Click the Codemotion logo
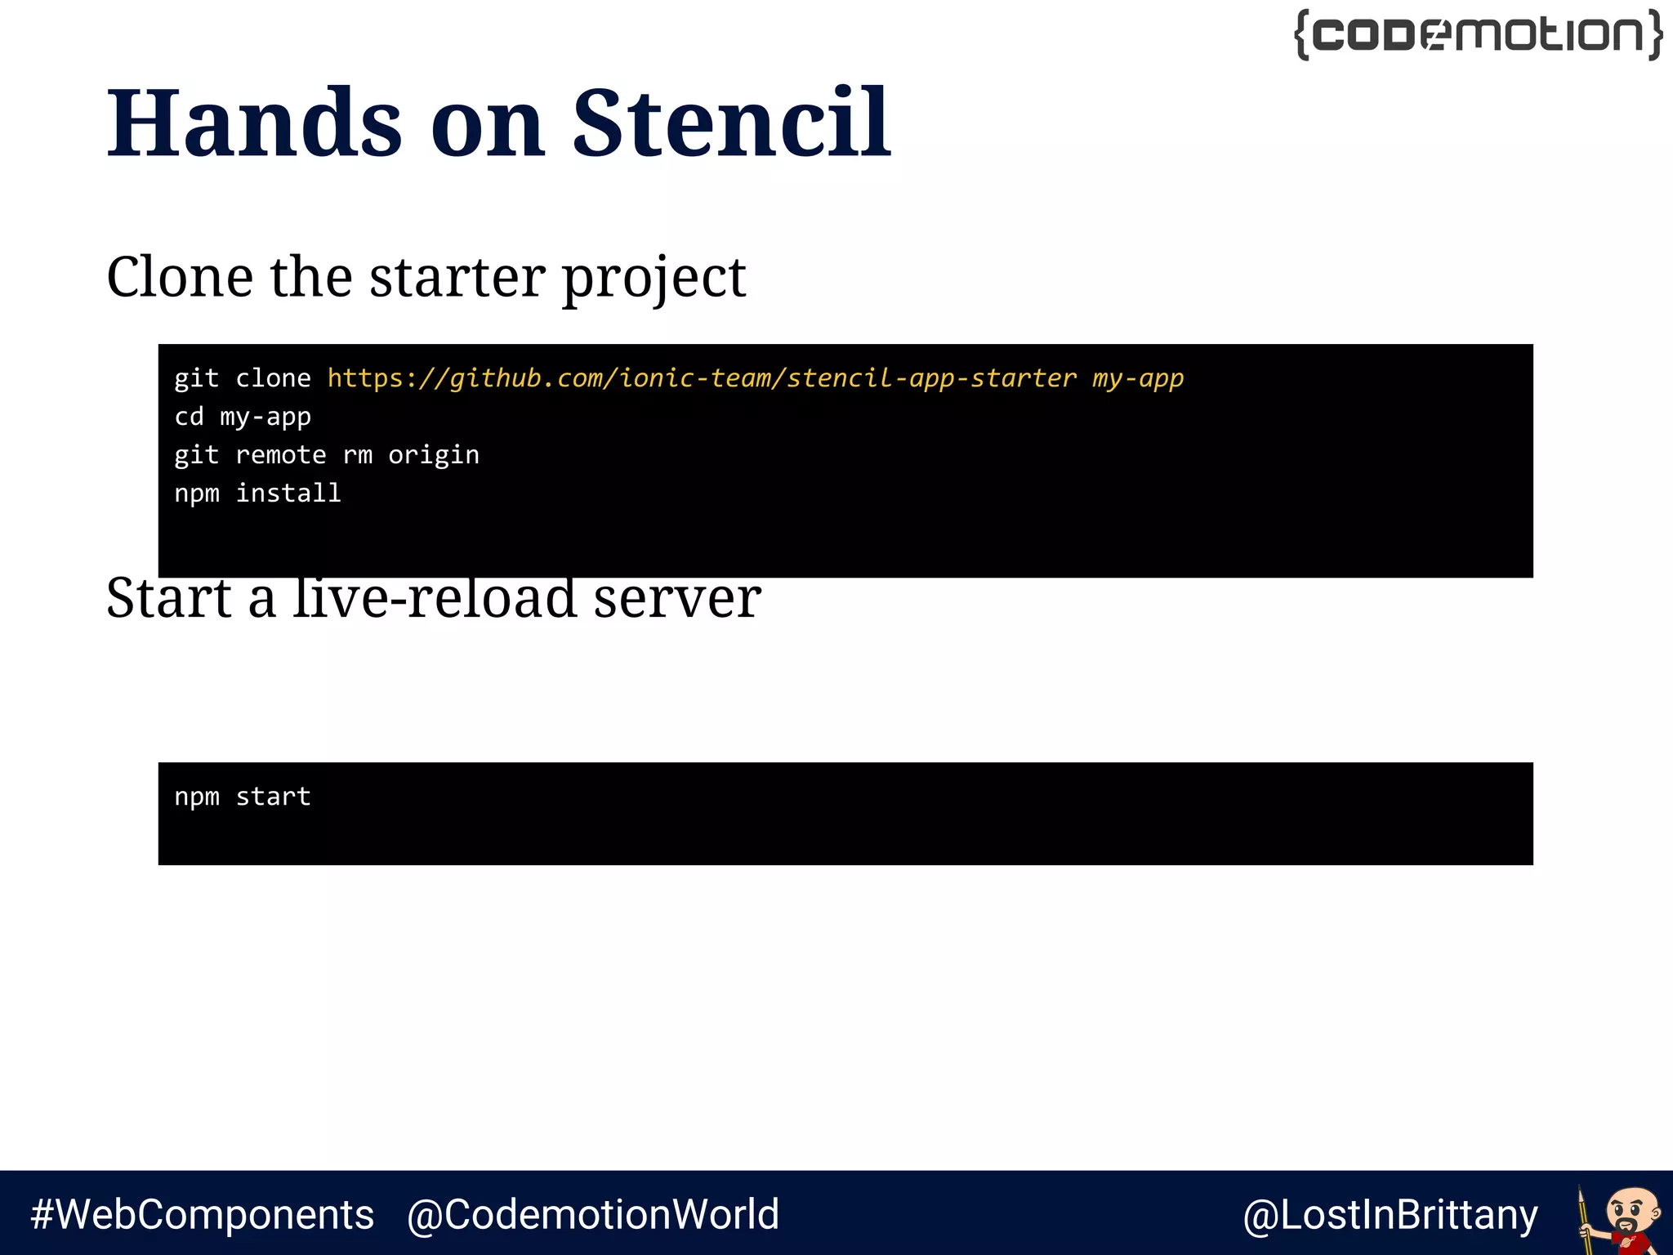[x=1479, y=35]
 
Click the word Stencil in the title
[x=731, y=124]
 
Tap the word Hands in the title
[x=254, y=124]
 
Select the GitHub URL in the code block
[x=702, y=378]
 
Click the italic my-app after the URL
[x=1138, y=378]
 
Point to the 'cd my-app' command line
[x=243, y=417]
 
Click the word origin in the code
[x=434, y=455]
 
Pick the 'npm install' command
[x=257, y=494]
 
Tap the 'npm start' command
[x=243, y=797]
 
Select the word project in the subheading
[x=654, y=278]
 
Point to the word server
[x=677, y=598]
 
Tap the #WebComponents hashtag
[x=202, y=1214]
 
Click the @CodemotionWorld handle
[x=593, y=1214]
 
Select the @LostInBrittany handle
[x=1390, y=1214]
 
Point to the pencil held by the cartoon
[x=1585, y=1217]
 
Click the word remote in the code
[x=280, y=455]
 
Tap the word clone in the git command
[x=273, y=378]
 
